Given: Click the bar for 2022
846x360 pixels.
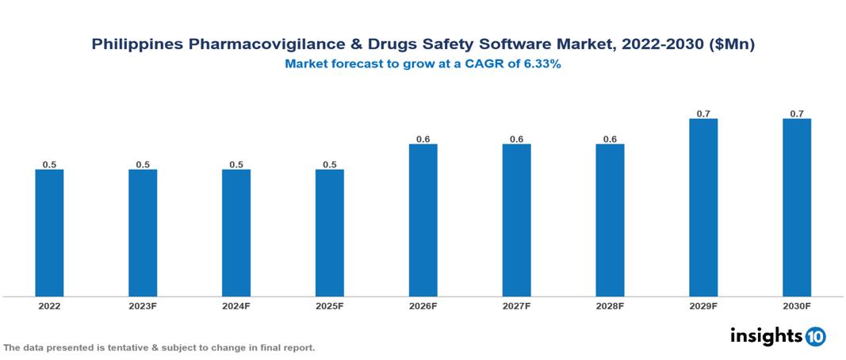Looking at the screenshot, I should coord(49,232).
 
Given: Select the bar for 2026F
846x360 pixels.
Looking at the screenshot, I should coord(423,220).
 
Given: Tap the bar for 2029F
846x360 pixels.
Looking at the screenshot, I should coord(703,207).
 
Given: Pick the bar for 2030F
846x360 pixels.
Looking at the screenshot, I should coord(797,207).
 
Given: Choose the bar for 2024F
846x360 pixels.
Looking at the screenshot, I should coord(236,232).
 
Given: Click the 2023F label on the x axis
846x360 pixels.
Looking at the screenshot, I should coord(143,305).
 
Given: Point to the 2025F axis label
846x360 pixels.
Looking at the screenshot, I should coord(330,305).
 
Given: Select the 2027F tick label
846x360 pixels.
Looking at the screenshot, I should coord(516,305).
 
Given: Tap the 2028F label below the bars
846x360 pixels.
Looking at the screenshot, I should coord(610,305).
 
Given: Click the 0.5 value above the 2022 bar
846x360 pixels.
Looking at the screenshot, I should coord(49,164).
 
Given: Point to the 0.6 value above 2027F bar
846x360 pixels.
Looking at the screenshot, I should coord(516,139).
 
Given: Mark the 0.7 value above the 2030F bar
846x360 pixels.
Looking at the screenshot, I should coord(797,113).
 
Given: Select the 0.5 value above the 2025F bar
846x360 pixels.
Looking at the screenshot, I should coord(330,164).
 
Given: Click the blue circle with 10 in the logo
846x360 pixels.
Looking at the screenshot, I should coord(815,336).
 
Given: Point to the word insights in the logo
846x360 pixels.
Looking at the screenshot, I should coord(766,335).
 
